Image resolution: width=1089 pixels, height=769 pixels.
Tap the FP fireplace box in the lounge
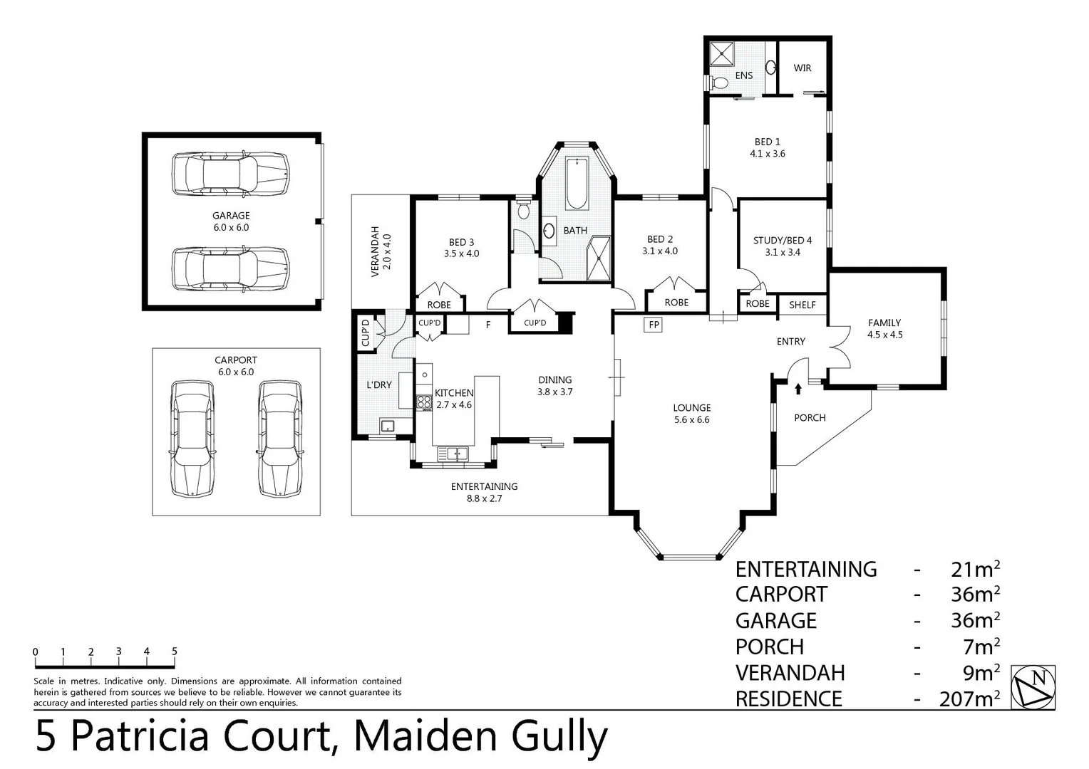click(653, 325)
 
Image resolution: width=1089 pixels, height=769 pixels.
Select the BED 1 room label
click(767, 147)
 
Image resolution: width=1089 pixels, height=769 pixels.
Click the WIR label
click(802, 68)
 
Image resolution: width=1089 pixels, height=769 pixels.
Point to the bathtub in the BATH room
click(577, 183)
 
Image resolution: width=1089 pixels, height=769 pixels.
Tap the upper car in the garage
click(230, 174)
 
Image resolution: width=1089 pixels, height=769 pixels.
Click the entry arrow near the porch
click(798, 389)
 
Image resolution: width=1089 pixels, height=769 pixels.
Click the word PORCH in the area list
click(770, 647)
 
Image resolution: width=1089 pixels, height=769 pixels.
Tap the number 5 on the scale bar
click(175, 652)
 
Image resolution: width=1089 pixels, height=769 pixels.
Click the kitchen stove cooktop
click(424, 402)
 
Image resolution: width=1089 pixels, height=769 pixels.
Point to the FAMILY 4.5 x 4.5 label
click(884, 328)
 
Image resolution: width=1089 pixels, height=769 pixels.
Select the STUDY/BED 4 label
click(782, 246)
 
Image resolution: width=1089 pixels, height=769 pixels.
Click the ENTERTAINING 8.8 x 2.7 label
click(484, 492)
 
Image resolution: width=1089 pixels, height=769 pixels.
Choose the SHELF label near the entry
click(802, 305)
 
